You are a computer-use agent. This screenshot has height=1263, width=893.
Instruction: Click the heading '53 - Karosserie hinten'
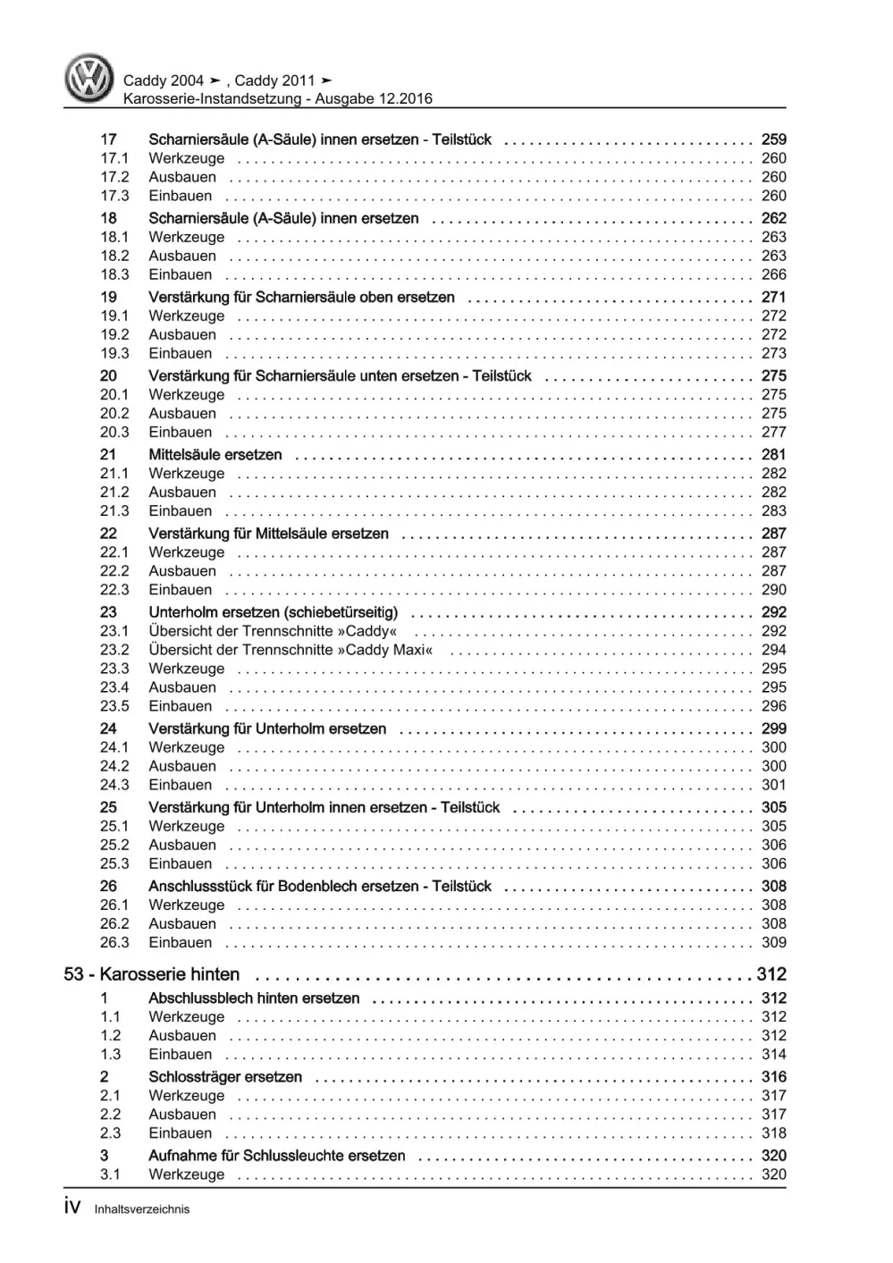(x=152, y=974)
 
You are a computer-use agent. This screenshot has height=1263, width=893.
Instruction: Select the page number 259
(x=773, y=139)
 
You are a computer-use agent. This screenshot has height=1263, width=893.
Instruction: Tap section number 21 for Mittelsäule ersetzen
(x=108, y=455)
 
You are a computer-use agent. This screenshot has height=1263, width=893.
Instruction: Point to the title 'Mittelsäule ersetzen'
(x=215, y=455)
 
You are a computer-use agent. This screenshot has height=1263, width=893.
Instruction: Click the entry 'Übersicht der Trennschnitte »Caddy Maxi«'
(x=291, y=650)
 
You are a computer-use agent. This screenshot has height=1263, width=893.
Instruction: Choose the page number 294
(x=773, y=650)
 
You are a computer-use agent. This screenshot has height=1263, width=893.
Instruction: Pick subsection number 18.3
(x=114, y=274)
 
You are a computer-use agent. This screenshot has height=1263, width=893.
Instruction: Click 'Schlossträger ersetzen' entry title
(x=225, y=1077)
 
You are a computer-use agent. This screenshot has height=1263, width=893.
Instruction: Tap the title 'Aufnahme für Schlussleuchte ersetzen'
(x=277, y=1156)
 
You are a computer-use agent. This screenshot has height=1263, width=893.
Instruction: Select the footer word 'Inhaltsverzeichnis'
(x=142, y=1209)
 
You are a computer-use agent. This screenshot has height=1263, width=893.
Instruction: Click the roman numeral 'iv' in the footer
(x=73, y=1208)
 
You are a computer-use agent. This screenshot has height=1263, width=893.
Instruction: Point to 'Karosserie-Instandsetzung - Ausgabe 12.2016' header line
(x=277, y=99)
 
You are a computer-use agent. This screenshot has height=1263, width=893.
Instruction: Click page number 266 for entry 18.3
(x=773, y=274)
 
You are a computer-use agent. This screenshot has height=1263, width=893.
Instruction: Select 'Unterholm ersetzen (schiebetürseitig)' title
(x=274, y=612)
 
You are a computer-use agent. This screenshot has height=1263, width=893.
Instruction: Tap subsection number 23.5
(x=114, y=706)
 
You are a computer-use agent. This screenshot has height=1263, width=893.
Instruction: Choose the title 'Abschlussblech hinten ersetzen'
(x=254, y=998)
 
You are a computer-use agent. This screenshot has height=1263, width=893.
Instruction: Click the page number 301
(x=773, y=785)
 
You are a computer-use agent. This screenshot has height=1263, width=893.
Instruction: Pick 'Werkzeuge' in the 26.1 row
(x=187, y=905)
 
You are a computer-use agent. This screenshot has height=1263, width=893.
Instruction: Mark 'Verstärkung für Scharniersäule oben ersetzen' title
(x=301, y=297)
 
